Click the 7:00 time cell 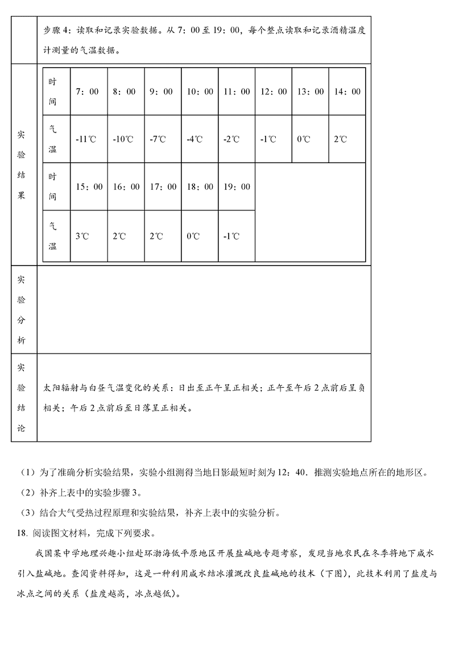coord(87,92)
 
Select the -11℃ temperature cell coord(87,139)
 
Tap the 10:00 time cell coord(200,92)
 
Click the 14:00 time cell coord(347,92)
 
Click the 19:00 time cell coord(237,187)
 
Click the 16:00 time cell coord(126,187)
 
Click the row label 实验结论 coord(21,398)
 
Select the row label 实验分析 coord(21,310)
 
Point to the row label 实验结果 coord(21,165)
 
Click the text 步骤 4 coord(56,31)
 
